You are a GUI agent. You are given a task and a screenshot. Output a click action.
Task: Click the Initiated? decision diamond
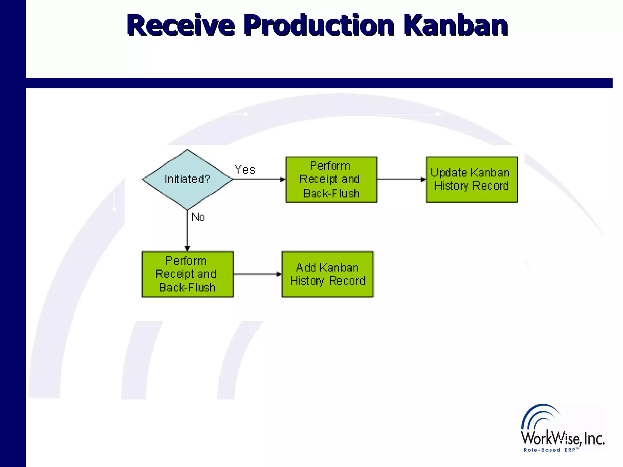tap(187, 179)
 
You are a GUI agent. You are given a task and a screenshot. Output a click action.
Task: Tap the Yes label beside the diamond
tap(245, 170)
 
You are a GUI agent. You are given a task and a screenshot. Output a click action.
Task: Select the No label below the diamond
tap(198, 217)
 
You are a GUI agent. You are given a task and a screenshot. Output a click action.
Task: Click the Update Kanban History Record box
tap(471, 179)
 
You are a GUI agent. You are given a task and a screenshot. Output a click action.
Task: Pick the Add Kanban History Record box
tap(328, 274)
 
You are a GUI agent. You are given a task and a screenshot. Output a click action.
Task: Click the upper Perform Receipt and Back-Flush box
tap(331, 179)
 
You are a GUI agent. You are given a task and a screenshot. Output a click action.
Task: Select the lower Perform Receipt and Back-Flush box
tap(187, 274)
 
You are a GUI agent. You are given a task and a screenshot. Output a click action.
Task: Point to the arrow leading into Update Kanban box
tap(402, 179)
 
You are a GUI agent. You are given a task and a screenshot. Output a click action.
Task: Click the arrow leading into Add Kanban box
tap(258, 274)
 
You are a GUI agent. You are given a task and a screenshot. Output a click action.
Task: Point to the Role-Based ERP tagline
tap(551, 450)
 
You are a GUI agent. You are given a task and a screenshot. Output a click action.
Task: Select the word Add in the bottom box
tap(306, 267)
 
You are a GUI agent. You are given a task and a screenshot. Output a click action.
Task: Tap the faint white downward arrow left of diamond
tap(114, 201)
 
